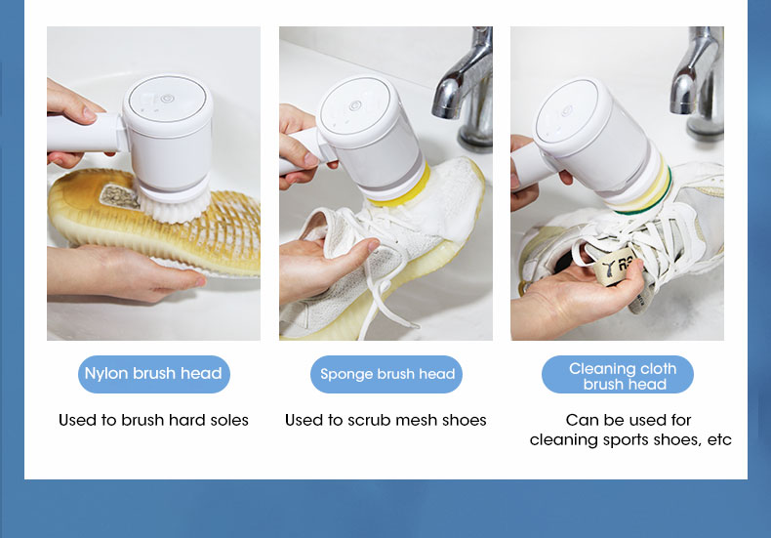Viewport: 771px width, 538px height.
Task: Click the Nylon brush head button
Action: click(154, 374)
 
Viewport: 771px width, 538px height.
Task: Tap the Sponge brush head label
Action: click(386, 374)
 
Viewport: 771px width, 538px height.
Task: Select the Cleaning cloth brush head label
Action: click(618, 374)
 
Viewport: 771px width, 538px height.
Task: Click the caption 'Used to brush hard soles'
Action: click(153, 420)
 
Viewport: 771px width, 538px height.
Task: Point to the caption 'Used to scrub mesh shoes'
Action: click(385, 420)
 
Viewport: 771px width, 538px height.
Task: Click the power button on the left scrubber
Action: click(167, 99)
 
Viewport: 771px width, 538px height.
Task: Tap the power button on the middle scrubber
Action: click(355, 105)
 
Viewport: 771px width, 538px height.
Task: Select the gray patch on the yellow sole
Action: click(120, 196)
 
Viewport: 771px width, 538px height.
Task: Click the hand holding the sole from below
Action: click(125, 272)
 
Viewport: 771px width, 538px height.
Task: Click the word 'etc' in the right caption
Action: click(719, 439)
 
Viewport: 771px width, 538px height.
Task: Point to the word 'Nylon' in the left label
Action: click(106, 374)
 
